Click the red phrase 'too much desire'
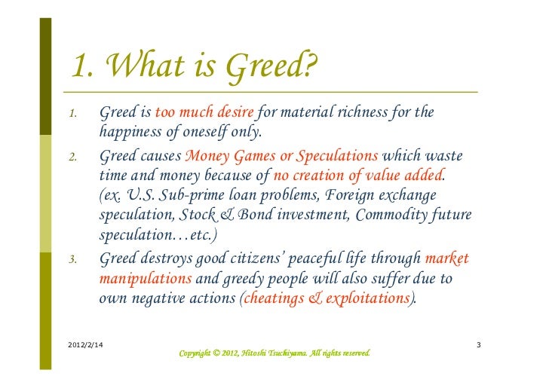pyautogui.click(x=204, y=113)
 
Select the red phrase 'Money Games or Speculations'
pyautogui.click(x=281, y=157)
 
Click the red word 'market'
pyautogui.click(x=447, y=259)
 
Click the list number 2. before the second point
pyautogui.click(x=72, y=158)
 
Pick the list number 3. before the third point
pyautogui.click(x=72, y=261)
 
